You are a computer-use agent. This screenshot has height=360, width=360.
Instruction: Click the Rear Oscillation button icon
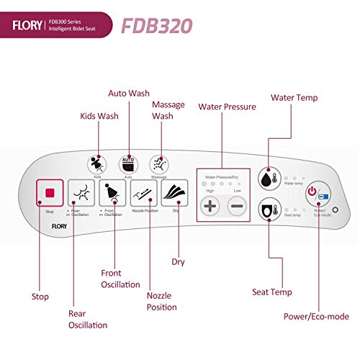click(81, 194)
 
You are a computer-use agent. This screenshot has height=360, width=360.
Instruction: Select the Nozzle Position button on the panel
click(144, 193)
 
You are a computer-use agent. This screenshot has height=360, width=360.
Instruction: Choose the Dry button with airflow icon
click(175, 193)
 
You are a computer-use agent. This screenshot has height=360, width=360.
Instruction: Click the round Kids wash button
click(96, 163)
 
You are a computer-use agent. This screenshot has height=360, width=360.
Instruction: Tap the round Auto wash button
click(128, 162)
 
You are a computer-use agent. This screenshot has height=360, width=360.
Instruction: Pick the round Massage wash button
click(159, 163)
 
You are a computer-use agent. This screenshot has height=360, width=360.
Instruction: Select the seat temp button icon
click(269, 210)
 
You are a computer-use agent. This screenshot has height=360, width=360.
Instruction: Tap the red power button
click(313, 193)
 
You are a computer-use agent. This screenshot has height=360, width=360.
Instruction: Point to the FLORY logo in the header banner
click(27, 27)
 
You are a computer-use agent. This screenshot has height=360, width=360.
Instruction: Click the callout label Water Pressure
click(227, 107)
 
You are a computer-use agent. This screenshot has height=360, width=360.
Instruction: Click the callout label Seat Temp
click(271, 292)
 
